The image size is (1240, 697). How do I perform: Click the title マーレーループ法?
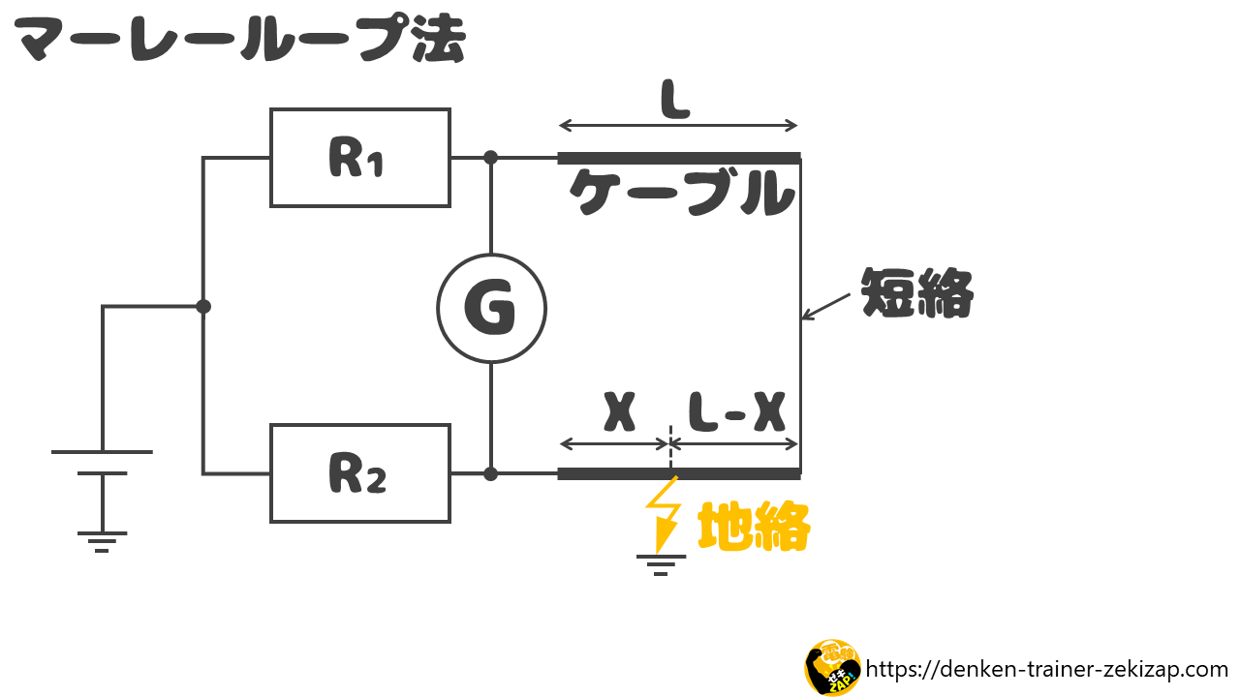pos(239,39)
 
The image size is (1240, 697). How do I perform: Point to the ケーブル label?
pos(682,193)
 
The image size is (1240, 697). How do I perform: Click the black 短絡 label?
pos(917,292)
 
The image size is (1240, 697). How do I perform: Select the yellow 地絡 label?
pos(754,526)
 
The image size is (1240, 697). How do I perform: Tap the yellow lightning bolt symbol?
pos(664,514)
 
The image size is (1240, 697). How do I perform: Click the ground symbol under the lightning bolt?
pos(661,565)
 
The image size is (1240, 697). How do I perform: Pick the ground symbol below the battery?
pos(102,542)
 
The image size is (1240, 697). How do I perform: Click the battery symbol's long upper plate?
pos(102,452)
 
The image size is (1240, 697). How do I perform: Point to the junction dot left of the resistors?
pos(203,306)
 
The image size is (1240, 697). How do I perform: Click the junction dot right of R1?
pos(490,158)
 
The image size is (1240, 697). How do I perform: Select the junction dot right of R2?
pos(490,474)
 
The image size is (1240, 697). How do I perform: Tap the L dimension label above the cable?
pos(676,100)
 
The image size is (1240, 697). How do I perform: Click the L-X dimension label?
pos(737,412)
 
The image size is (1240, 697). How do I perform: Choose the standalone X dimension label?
pos(619,412)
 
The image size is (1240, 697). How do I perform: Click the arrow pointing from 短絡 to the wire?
pos(826,307)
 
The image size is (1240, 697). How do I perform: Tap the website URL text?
pos(1047,669)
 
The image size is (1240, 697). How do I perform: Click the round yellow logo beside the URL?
pos(832,667)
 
